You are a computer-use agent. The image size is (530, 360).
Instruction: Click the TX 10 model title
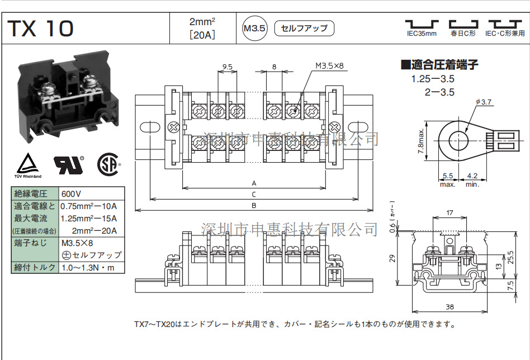pos(40,28)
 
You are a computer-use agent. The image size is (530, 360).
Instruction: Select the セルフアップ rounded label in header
pos(304,28)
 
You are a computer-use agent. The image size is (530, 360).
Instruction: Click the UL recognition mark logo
pos(68,163)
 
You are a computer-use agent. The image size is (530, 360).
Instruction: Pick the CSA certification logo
pos(109,164)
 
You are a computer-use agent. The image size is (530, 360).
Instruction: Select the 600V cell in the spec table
pos(71,194)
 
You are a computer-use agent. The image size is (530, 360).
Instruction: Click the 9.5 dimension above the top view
pos(227,67)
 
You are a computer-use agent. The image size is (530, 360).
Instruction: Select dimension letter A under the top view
pos(254,183)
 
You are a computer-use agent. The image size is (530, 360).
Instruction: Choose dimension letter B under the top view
pos(254,206)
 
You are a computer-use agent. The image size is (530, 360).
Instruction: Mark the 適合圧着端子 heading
pos(439,64)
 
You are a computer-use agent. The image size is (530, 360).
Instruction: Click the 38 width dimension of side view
pos(449,307)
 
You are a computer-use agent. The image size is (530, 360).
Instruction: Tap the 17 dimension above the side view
pos(449,212)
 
